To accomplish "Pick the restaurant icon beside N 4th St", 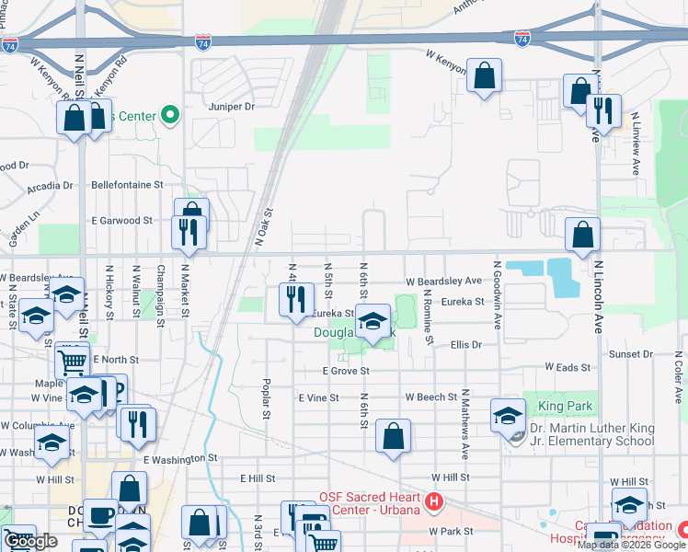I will [x=294, y=300].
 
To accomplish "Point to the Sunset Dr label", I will [x=629, y=354].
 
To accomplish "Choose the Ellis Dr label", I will [x=466, y=345].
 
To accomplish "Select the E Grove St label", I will [x=345, y=371].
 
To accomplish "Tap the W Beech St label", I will [x=431, y=397].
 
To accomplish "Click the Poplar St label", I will [x=267, y=398].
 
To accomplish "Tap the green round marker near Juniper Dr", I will [x=169, y=115].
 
